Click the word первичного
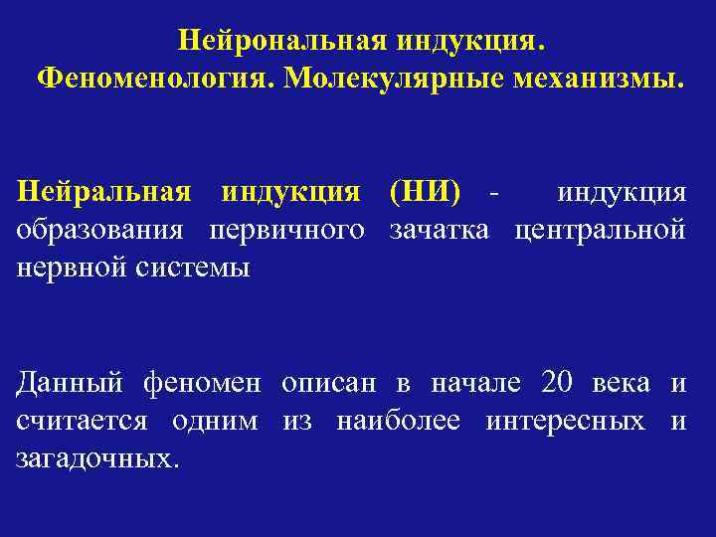[286, 230]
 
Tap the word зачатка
[441, 230]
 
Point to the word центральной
[600, 230]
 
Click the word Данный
[69, 383]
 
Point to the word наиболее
[399, 421]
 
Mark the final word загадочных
[99, 459]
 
